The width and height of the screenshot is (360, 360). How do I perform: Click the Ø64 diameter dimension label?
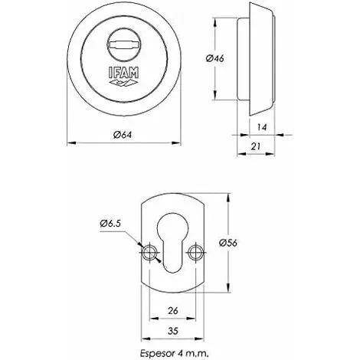point(125,136)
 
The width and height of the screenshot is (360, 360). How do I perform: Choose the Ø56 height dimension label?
point(237,244)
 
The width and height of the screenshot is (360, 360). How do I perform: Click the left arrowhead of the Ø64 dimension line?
point(71,142)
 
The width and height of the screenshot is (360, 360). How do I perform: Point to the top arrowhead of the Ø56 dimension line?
point(228,195)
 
